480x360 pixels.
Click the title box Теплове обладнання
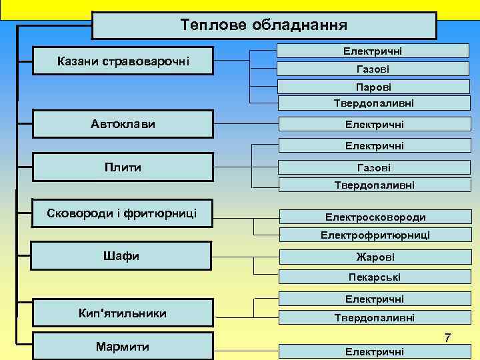tap(264, 26)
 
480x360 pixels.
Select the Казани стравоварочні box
tap(123, 61)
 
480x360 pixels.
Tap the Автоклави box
tap(123, 125)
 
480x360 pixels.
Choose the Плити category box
tap(123, 167)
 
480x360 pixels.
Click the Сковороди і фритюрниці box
tap(123, 213)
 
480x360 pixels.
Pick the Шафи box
tap(123, 256)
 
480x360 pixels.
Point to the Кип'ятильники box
tap(123, 313)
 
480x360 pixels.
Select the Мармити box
tap(123, 347)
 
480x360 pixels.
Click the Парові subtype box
tap(373, 87)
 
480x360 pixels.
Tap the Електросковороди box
tap(375, 217)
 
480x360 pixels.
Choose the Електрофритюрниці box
tap(375, 235)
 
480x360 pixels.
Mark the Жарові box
tap(375, 257)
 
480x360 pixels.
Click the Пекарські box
tap(375, 277)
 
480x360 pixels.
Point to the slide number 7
tap(448, 339)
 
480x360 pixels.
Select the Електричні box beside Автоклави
tap(373, 125)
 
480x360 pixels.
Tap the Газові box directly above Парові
tap(373, 69)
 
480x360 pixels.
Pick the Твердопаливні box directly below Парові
tap(373, 103)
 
